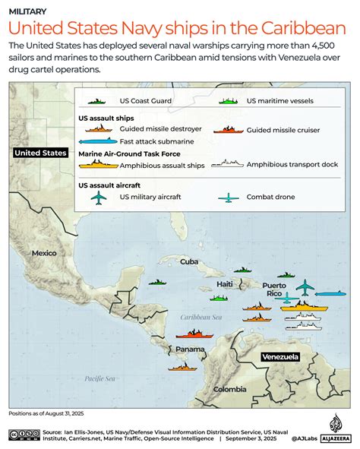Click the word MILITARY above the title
coord(27,11)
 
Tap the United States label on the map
coord(40,153)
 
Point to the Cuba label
coord(189,261)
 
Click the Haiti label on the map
coord(226,284)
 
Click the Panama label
coord(189,349)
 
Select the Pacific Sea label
coord(99,378)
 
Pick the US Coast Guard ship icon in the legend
coord(97,100)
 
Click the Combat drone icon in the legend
coord(228,198)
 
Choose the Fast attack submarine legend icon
coord(97,141)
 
